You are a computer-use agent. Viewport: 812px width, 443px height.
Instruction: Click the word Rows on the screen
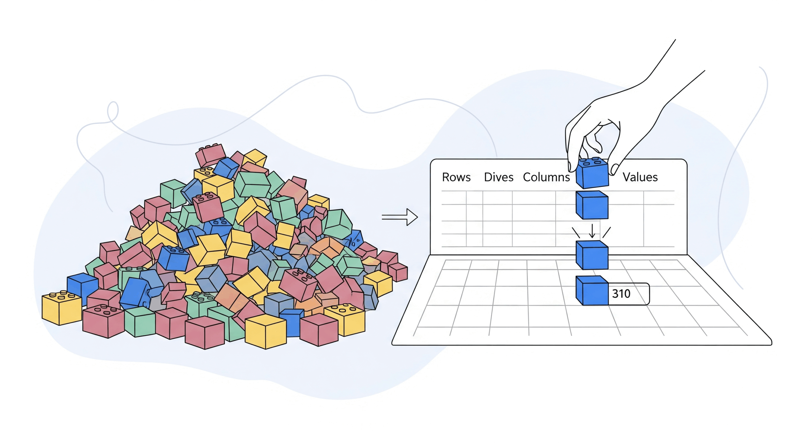456,177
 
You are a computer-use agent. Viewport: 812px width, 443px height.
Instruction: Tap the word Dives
498,177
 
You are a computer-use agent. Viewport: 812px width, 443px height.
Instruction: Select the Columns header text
546,177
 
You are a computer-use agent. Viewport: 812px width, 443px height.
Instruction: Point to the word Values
640,177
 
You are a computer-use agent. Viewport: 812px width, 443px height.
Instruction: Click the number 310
621,294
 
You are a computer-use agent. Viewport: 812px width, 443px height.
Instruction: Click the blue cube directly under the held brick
592,205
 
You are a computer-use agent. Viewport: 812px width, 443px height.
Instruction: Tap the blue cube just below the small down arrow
592,255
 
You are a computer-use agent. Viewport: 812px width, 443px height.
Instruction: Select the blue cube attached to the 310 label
591,291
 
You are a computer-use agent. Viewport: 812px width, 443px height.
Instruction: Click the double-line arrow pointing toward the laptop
400,217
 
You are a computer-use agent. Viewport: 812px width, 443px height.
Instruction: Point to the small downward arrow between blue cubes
592,231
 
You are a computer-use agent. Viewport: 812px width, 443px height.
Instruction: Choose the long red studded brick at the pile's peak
210,155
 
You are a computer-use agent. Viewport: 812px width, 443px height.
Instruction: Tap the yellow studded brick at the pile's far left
61,307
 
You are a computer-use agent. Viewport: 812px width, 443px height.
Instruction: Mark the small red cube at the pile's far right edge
398,272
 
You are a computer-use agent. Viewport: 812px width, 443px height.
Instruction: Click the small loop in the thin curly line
113,111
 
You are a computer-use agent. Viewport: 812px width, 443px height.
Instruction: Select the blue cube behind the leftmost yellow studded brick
82,286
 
